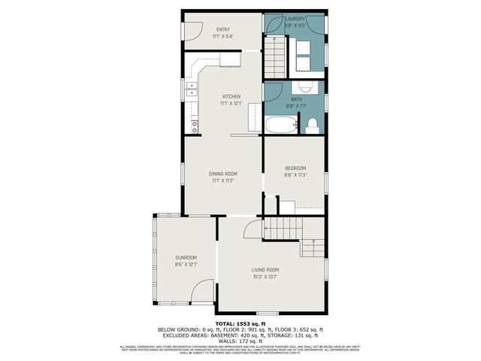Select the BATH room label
tap(295, 99)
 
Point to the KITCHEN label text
tap(231, 96)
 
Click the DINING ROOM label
tap(223, 174)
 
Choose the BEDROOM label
tap(295, 168)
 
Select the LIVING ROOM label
tap(265, 270)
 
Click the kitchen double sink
tap(192, 90)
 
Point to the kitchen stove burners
tap(194, 125)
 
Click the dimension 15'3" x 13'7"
tap(265, 277)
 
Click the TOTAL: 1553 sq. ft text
tap(240, 323)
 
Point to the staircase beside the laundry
tap(275, 56)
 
